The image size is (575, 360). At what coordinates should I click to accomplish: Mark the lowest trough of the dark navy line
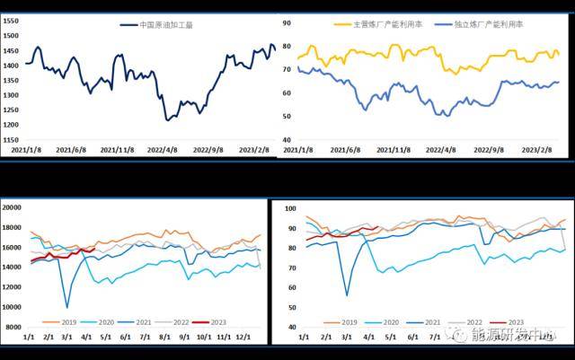pos(168,119)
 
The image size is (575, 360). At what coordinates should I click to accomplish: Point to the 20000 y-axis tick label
pos(14,207)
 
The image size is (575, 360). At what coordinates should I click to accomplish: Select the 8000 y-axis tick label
pos(17,328)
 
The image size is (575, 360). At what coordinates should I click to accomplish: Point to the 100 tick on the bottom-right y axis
pos(289,207)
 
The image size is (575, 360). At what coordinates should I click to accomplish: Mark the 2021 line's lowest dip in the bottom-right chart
pos(347,294)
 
